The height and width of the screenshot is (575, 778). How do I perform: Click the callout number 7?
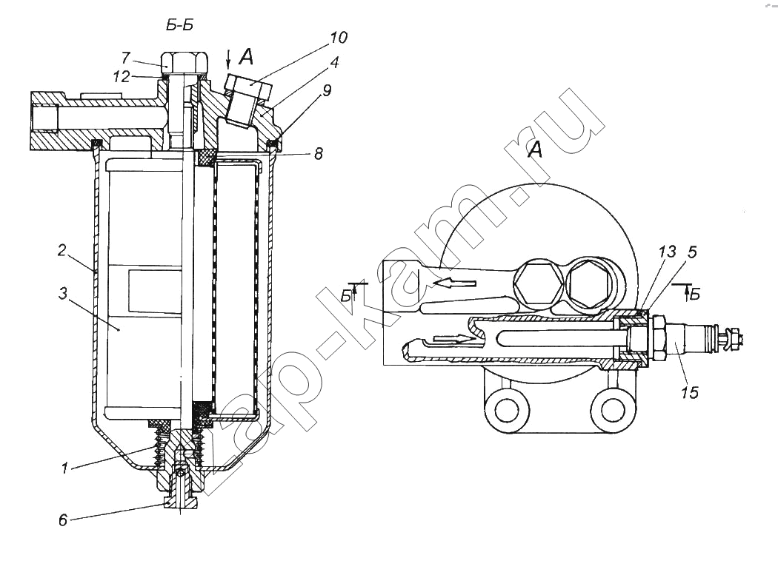[x=126, y=58]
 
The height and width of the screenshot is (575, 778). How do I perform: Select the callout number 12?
[x=122, y=76]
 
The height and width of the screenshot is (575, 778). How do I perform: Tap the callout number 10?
[x=339, y=37]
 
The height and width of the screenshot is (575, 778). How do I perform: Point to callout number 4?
[x=334, y=63]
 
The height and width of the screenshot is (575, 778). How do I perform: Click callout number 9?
[x=326, y=90]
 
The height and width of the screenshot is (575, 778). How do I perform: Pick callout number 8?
[x=319, y=154]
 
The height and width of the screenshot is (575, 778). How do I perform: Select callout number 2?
[x=61, y=250]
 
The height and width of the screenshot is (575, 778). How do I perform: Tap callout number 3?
[x=62, y=294]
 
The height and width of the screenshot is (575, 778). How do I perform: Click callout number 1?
[x=64, y=468]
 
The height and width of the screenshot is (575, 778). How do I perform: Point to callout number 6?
[x=63, y=520]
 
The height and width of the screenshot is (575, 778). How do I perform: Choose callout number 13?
[x=668, y=252]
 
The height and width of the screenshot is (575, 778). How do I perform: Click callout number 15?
[x=690, y=393]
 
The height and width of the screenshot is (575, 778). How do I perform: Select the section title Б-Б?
[x=179, y=25]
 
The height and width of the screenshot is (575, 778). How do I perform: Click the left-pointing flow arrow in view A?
[x=454, y=283]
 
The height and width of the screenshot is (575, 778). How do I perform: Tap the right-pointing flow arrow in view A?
[x=454, y=339]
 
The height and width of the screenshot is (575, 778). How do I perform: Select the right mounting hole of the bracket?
[x=611, y=409]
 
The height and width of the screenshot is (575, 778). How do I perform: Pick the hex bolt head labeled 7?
[x=184, y=61]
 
